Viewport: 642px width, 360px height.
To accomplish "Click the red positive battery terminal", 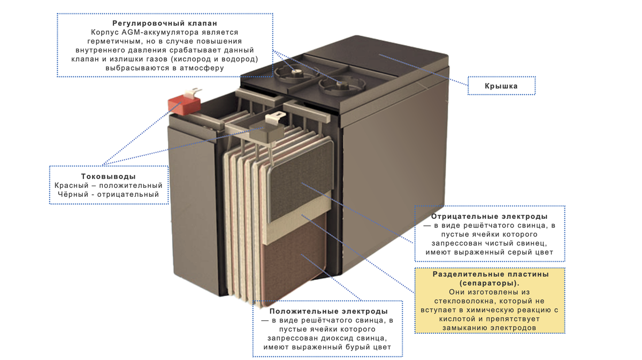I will pyautogui.click(x=183, y=104).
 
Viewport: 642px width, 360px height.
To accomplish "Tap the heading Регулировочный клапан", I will pyautogui.click(x=165, y=24).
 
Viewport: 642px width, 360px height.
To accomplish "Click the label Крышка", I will pyautogui.click(x=501, y=86).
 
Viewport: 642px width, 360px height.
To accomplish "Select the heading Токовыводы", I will pyautogui.click(x=108, y=177).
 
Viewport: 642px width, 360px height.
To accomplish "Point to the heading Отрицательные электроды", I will pyautogui.click(x=489, y=217).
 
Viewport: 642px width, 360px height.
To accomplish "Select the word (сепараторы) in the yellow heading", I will pyautogui.click(x=490, y=283).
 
